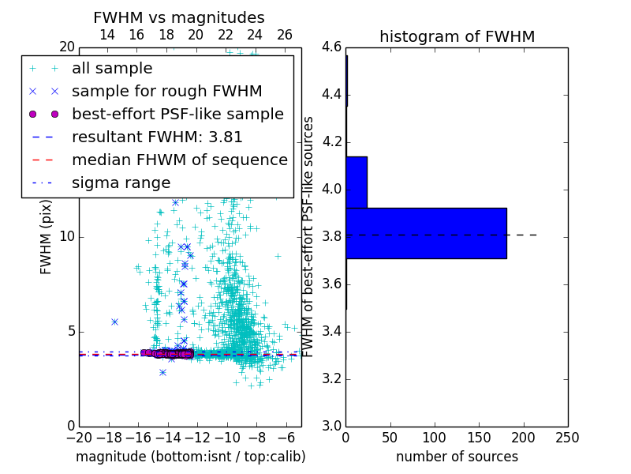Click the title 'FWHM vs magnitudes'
pos(179,18)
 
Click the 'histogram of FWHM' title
pos(457,36)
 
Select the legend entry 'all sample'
pos(112,69)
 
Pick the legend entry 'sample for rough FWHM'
pos(166,92)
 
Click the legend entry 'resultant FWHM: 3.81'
pos(157,137)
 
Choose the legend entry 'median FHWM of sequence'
pos(179,160)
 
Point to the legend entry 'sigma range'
pos(121,182)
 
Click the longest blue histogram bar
pos(426,233)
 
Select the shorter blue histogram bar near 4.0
pos(357,182)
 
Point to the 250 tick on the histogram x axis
pos(567,438)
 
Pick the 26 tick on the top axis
pos(285,35)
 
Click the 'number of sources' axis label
pos(457,457)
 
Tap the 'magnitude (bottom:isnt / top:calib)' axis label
pos(190,457)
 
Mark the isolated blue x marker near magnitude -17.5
pos(114,322)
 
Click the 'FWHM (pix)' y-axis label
pos(47,236)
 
